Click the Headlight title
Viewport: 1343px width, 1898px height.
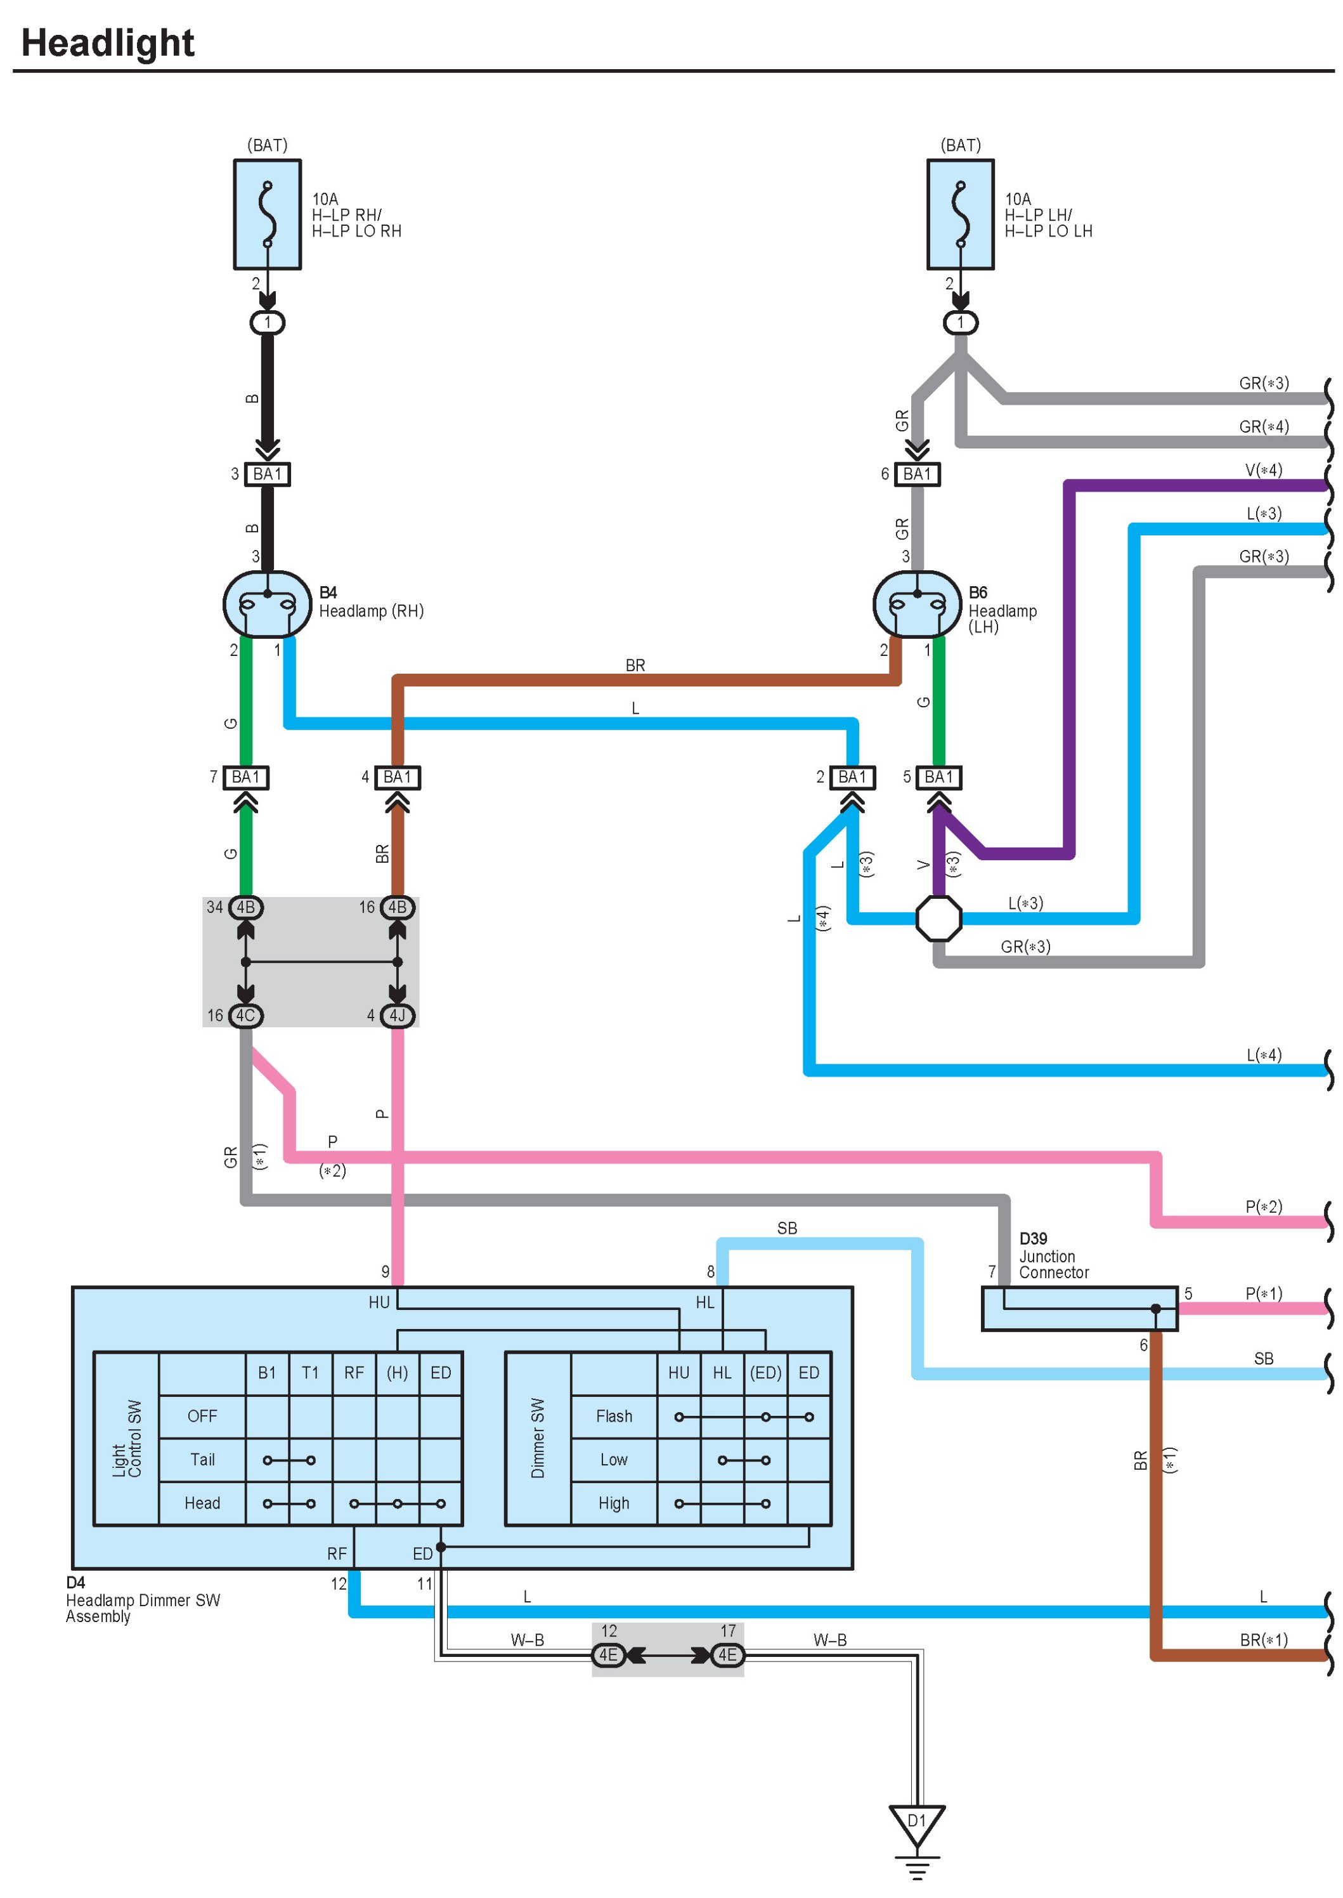click(x=108, y=43)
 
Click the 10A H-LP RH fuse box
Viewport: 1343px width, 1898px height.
click(x=267, y=214)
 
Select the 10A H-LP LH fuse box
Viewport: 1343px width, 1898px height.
click(x=960, y=214)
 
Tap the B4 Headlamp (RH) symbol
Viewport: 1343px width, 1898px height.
click(x=267, y=604)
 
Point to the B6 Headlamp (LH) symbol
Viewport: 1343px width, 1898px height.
click(x=917, y=604)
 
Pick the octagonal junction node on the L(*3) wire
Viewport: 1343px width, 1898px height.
click(x=938, y=919)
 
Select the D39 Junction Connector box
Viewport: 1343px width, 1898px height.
click(x=1079, y=1308)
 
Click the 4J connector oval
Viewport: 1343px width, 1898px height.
click(x=398, y=1015)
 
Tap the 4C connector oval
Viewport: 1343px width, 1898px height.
click(x=245, y=1015)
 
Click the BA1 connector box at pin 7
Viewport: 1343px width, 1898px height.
click(x=245, y=777)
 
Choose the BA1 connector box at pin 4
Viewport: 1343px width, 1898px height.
click(x=398, y=777)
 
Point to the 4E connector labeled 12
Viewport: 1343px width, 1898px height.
click(x=609, y=1655)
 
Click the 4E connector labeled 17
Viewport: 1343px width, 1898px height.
click(x=728, y=1655)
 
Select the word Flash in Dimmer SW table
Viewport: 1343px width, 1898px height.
click(x=614, y=1417)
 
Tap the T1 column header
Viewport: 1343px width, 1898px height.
click(x=310, y=1373)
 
